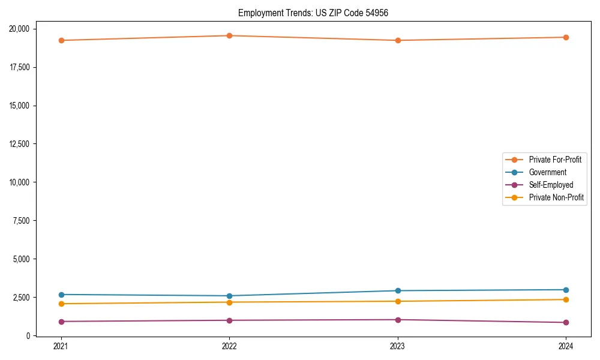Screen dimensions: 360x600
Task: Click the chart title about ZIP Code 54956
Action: (313, 13)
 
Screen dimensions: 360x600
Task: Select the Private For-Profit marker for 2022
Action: (229, 35)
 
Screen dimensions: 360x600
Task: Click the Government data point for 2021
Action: (61, 295)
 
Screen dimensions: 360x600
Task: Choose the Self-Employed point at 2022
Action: (229, 320)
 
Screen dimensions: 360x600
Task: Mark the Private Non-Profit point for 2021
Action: (61, 304)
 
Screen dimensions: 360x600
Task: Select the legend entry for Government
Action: (547, 172)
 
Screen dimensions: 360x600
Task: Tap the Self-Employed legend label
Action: (551, 185)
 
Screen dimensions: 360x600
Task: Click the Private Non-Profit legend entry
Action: (556, 197)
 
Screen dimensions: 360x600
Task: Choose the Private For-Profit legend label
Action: (555, 160)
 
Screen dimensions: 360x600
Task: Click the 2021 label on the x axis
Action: (61, 346)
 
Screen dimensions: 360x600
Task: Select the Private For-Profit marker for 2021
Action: (61, 40)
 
